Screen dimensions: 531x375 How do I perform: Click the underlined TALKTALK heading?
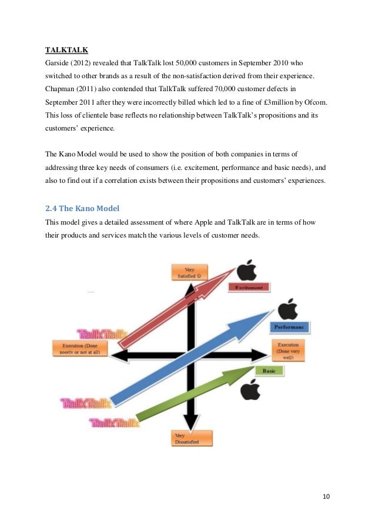(66, 50)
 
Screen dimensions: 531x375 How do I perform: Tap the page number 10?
(326, 496)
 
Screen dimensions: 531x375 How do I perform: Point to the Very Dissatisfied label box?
(190, 438)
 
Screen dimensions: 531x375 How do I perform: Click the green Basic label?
(269, 370)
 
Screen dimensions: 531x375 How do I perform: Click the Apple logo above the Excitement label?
(247, 270)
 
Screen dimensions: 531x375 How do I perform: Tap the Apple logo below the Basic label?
(250, 389)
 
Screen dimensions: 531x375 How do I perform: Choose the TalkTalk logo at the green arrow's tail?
(115, 423)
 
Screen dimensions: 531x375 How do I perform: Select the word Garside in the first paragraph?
(59, 63)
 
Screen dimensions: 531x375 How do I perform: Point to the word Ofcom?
(314, 102)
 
